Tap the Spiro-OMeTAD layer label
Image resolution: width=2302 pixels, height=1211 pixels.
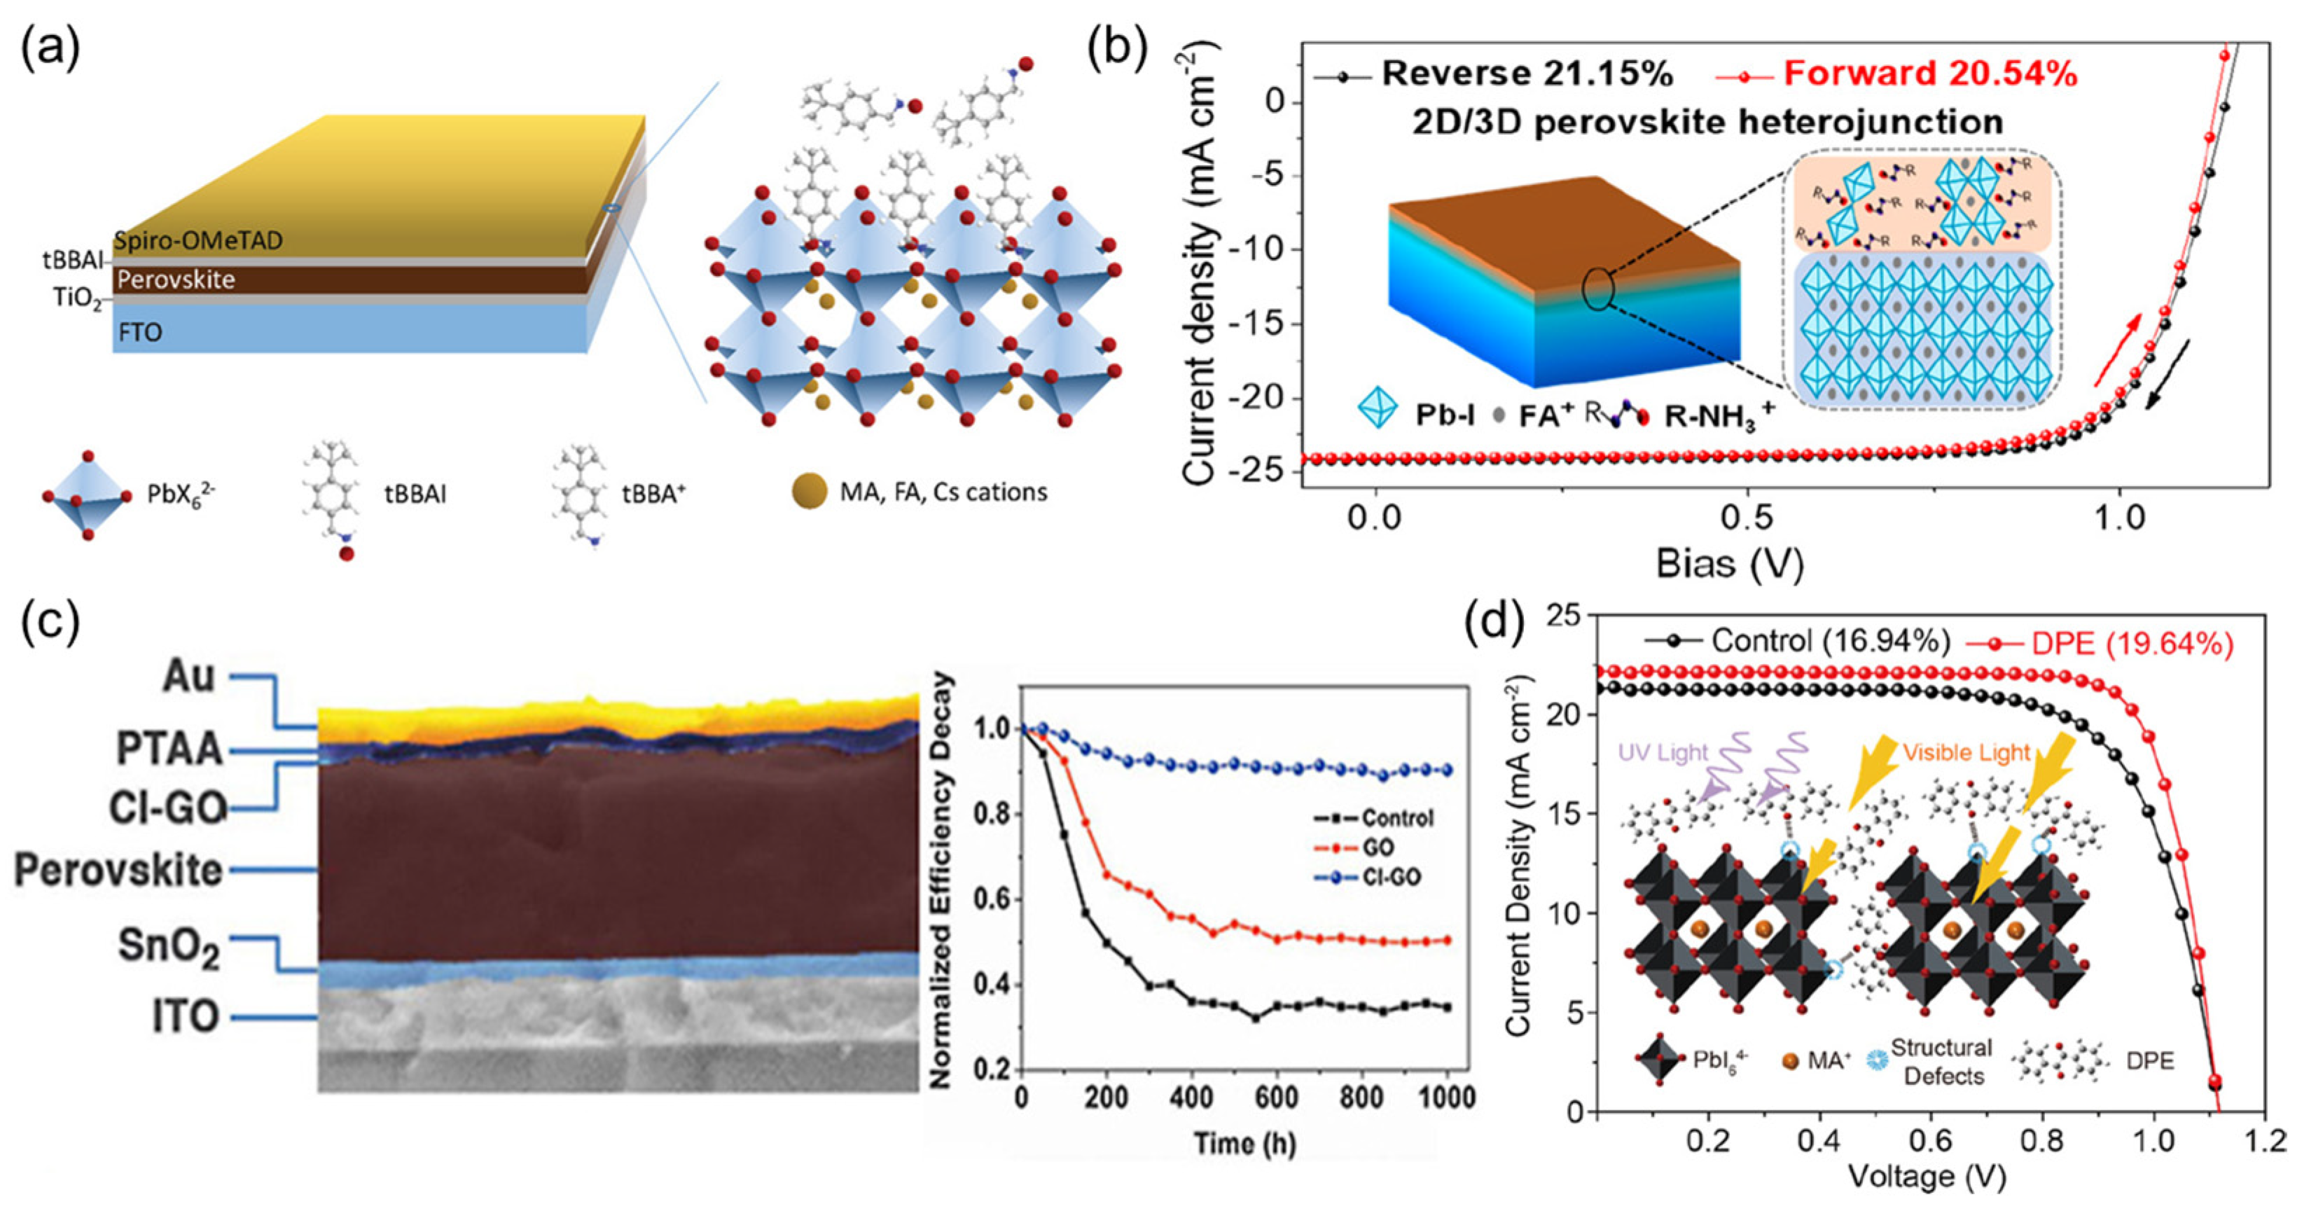click(197, 240)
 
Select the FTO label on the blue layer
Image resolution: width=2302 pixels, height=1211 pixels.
click(140, 333)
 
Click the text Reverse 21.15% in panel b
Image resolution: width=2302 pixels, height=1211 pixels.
click(1526, 74)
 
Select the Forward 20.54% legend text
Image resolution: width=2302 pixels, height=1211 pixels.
click(1930, 74)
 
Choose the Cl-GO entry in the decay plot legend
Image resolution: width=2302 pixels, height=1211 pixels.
click(1392, 878)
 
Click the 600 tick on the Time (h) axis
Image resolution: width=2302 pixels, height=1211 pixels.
click(1276, 1098)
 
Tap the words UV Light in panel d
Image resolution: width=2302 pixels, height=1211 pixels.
click(1662, 752)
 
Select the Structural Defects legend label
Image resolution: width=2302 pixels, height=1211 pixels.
click(1941, 1062)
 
